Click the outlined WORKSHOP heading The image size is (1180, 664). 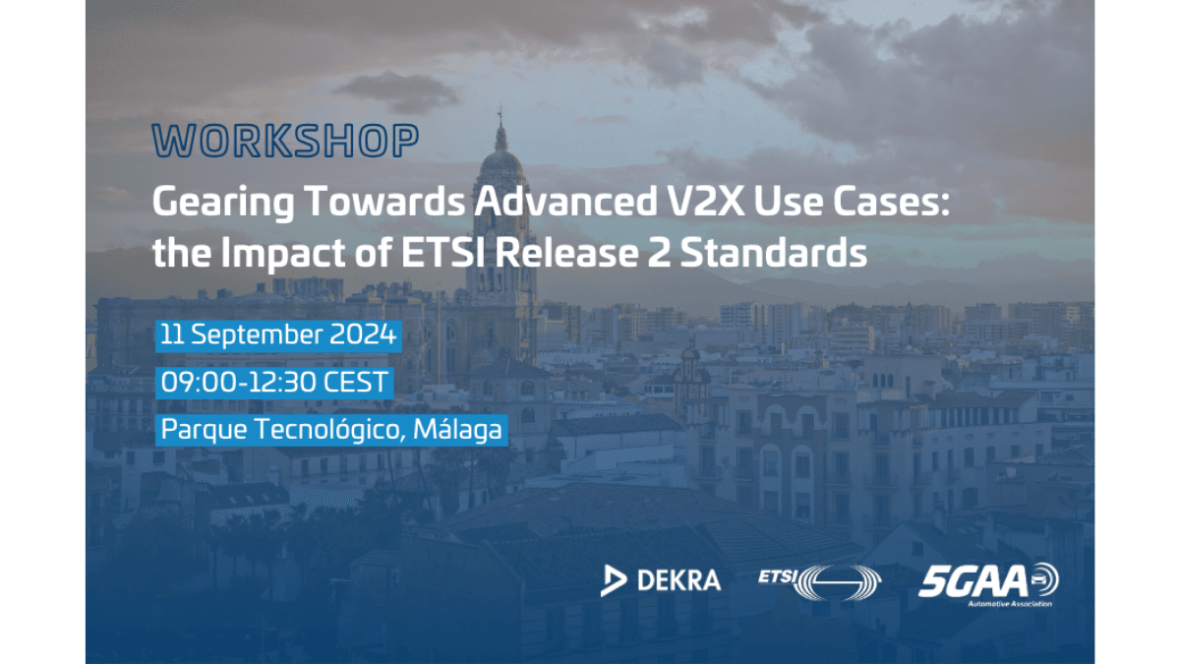pos(285,141)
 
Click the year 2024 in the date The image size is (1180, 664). pos(363,334)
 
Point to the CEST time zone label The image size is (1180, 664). pos(356,382)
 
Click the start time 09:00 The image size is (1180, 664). pos(199,382)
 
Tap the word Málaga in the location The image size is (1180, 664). pos(457,430)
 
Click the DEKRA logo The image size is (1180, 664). pos(661,580)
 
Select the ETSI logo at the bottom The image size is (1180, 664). pos(820,582)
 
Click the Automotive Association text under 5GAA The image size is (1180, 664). pos(1010,603)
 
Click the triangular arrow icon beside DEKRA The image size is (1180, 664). pos(613,580)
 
